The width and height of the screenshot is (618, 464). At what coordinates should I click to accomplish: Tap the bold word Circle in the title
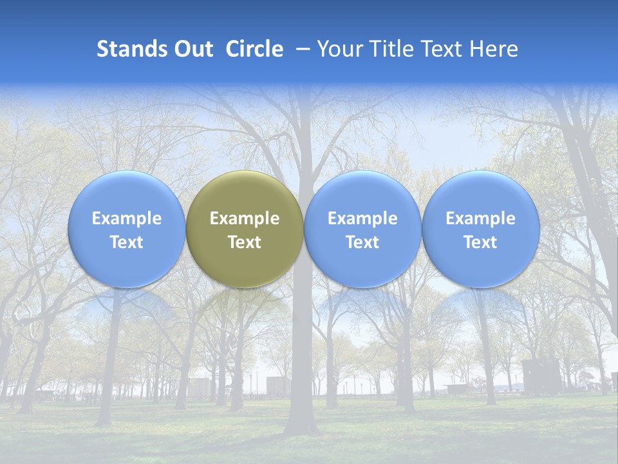(x=254, y=49)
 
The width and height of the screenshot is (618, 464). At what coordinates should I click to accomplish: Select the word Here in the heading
(x=494, y=49)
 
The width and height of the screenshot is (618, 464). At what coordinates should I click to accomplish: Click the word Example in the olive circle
(x=245, y=218)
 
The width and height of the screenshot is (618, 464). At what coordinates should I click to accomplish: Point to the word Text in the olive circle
(x=245, y=242)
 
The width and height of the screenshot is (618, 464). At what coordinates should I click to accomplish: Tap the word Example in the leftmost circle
(x=126, y=218)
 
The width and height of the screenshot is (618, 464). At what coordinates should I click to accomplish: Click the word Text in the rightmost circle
(x=481, y=242)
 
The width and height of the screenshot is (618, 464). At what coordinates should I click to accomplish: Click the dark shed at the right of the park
(x=541, y=376)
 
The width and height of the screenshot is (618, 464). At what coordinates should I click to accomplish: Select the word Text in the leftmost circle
(x=126, y=242)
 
